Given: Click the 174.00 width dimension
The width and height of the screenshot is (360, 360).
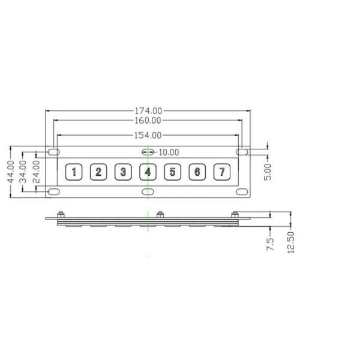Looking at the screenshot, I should (148, 111).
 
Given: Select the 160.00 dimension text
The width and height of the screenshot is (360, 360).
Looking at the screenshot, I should (148, 121).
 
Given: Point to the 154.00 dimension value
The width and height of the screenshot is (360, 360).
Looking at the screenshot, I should (148, 136).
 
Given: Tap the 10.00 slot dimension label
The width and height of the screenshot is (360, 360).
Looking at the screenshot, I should (169, 152).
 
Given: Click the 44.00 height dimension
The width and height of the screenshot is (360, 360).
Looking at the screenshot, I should (10, 172).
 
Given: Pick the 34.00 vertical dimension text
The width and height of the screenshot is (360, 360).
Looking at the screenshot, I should (23, 172).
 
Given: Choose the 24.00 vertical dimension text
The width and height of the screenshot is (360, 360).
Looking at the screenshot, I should (36, 172).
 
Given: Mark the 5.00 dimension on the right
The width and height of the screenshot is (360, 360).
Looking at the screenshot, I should (268, 172).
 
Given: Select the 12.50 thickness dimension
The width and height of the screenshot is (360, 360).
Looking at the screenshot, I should (291, 241).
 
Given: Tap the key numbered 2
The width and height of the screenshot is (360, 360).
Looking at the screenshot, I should (98, 173).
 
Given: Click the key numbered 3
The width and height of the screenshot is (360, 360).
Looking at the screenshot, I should (123, 173).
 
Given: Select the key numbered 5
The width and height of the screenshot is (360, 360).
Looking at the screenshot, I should (172, 173).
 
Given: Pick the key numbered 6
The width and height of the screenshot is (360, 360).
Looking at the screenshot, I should (197, 173).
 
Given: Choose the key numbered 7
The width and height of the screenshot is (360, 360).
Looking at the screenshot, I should (222, 173).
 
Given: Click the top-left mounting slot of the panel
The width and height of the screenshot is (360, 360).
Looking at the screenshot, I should (53, 152).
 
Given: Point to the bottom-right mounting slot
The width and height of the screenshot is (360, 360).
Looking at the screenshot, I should (242, 192).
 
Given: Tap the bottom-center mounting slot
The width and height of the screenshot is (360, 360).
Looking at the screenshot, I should (148, 192).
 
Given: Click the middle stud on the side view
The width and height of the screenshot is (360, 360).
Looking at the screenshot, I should (160, 214).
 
